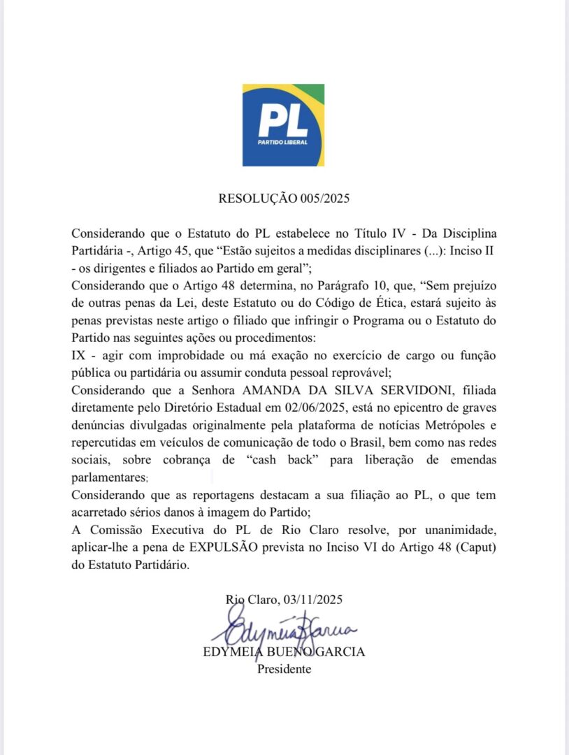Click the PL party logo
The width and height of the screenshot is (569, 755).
pyautogui.click(x=283, y=125)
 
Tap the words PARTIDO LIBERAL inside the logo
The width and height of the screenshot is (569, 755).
pyautogui.click(x=283, y=144)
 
